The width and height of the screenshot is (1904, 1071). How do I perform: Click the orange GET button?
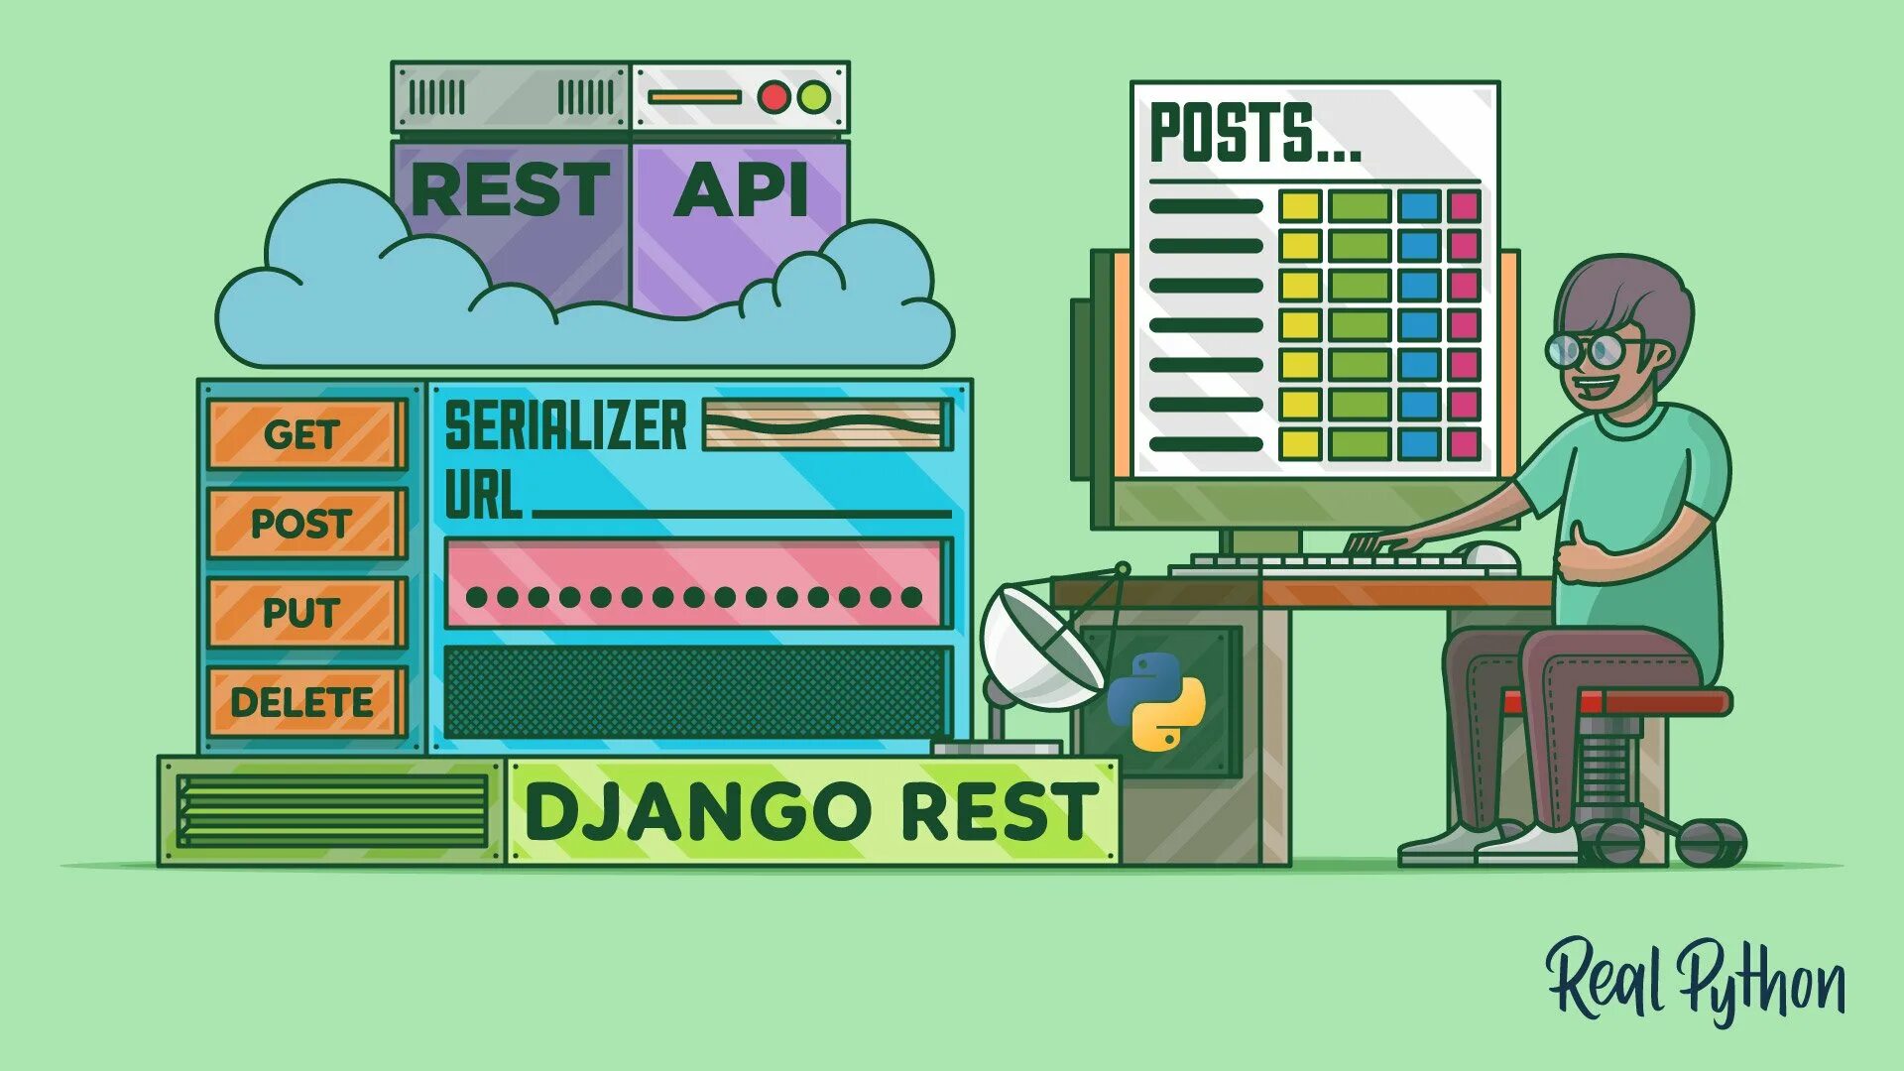click(303, 434)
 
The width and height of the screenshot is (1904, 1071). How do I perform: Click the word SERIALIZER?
click(565, 425)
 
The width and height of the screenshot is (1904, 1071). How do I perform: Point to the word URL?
click(483, 495)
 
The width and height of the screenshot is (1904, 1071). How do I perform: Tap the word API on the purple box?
click(741, 189)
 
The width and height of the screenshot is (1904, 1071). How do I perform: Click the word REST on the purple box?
click(510, 189)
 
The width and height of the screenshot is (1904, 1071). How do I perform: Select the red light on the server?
click(773, 97)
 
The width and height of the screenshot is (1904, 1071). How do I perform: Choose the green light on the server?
click(814, 97)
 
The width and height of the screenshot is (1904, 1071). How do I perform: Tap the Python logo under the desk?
click(1156, 700)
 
